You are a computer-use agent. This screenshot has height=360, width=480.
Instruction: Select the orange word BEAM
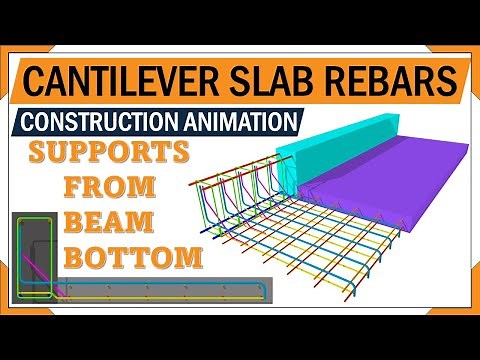pyautogui.click(x=112, y=221)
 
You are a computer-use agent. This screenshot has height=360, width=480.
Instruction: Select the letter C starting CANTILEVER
pyautogui.click(x=36, y=79)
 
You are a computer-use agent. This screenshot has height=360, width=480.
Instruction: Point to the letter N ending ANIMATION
pyautogui.click(x=289, y=123)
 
